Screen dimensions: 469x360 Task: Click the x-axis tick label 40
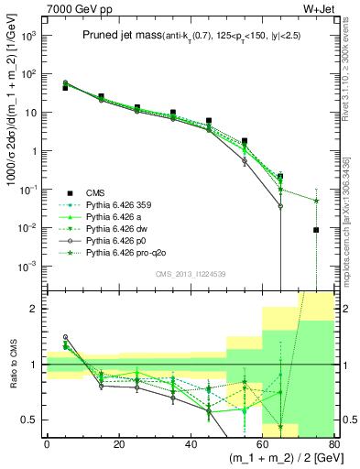(190, 443)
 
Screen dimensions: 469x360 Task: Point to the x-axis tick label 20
(118, 443)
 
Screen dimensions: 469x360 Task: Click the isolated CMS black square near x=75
(316, 231)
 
